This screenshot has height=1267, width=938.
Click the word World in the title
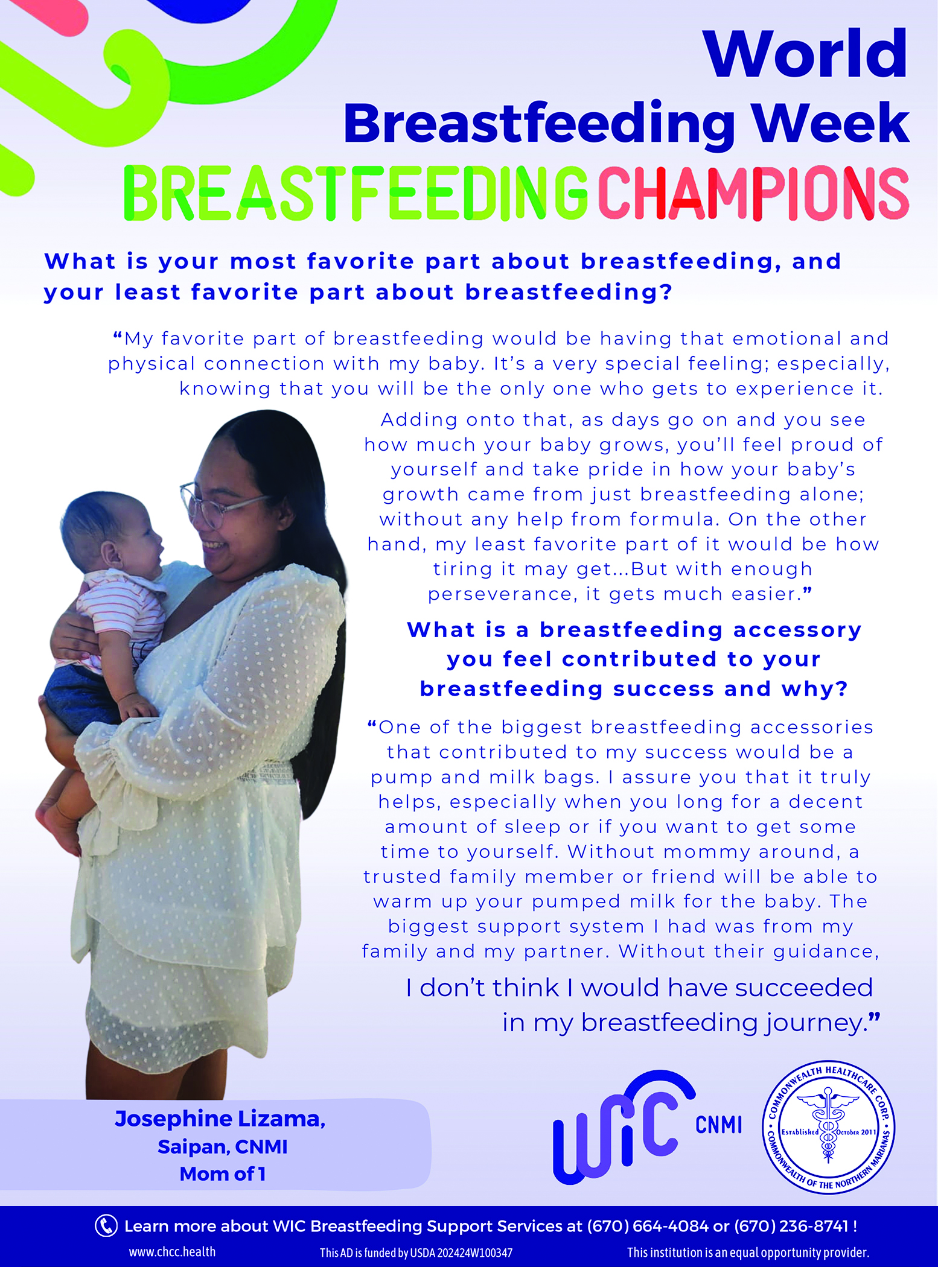(x=805, y=54)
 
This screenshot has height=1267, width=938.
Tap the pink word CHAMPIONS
(x=753, y=193)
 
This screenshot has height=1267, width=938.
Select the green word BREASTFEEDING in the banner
(x=356, y=193)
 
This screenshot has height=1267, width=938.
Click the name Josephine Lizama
(x=220, y=1119)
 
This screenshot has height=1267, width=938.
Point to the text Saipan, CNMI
(x=223, y=1147)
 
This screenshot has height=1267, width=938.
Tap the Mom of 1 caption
(x=223, y=1174)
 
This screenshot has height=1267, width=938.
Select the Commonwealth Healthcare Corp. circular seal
(x=829, y=1127)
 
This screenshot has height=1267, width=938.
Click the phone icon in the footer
(x=106, y=1226)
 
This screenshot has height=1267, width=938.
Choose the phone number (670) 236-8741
(x=791, y=1226)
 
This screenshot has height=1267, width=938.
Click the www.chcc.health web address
(x=172, y=1252)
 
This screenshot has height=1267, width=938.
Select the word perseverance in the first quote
(x=500, y=595)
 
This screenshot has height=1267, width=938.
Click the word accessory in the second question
(x=797, y=630)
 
